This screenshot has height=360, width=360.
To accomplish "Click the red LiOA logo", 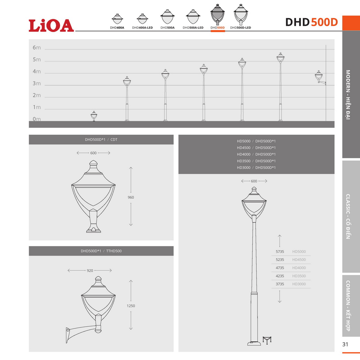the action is click(x=51, y=25).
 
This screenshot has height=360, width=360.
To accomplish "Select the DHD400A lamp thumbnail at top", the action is click(x=117, y=19).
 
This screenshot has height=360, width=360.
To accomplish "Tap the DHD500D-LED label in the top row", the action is click(x=240, y=28).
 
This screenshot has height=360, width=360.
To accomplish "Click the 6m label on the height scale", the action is click(x=37, y=48).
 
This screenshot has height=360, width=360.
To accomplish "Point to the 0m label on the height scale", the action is click(x=37, y=119).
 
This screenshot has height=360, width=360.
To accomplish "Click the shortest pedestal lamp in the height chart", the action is click(x=94, y=116).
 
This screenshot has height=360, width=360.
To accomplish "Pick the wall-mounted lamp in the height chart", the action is click(x=320, y=78).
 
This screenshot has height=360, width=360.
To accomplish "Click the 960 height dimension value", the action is click(x=131, y=197).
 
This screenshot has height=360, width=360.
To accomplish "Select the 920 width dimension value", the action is click(x=90, y=271).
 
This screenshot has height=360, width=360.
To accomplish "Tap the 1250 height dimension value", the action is click(x=131, y=306).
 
